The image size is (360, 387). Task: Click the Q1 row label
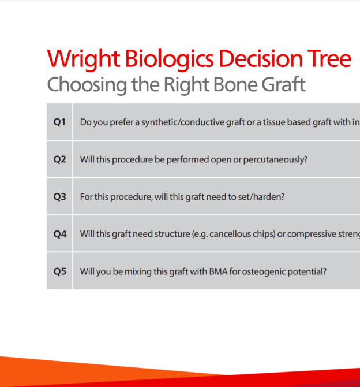point(59,122)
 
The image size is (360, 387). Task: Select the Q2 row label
point(59,159)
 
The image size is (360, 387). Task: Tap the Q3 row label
point(59,197)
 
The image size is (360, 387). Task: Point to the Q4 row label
point(60,234)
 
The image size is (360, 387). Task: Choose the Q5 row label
point(60,271)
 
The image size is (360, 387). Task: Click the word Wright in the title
point(84,59)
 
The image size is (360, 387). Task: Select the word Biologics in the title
point(170,59)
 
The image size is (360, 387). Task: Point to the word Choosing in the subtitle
point(87,85)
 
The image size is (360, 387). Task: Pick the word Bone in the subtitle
point(235,84)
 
